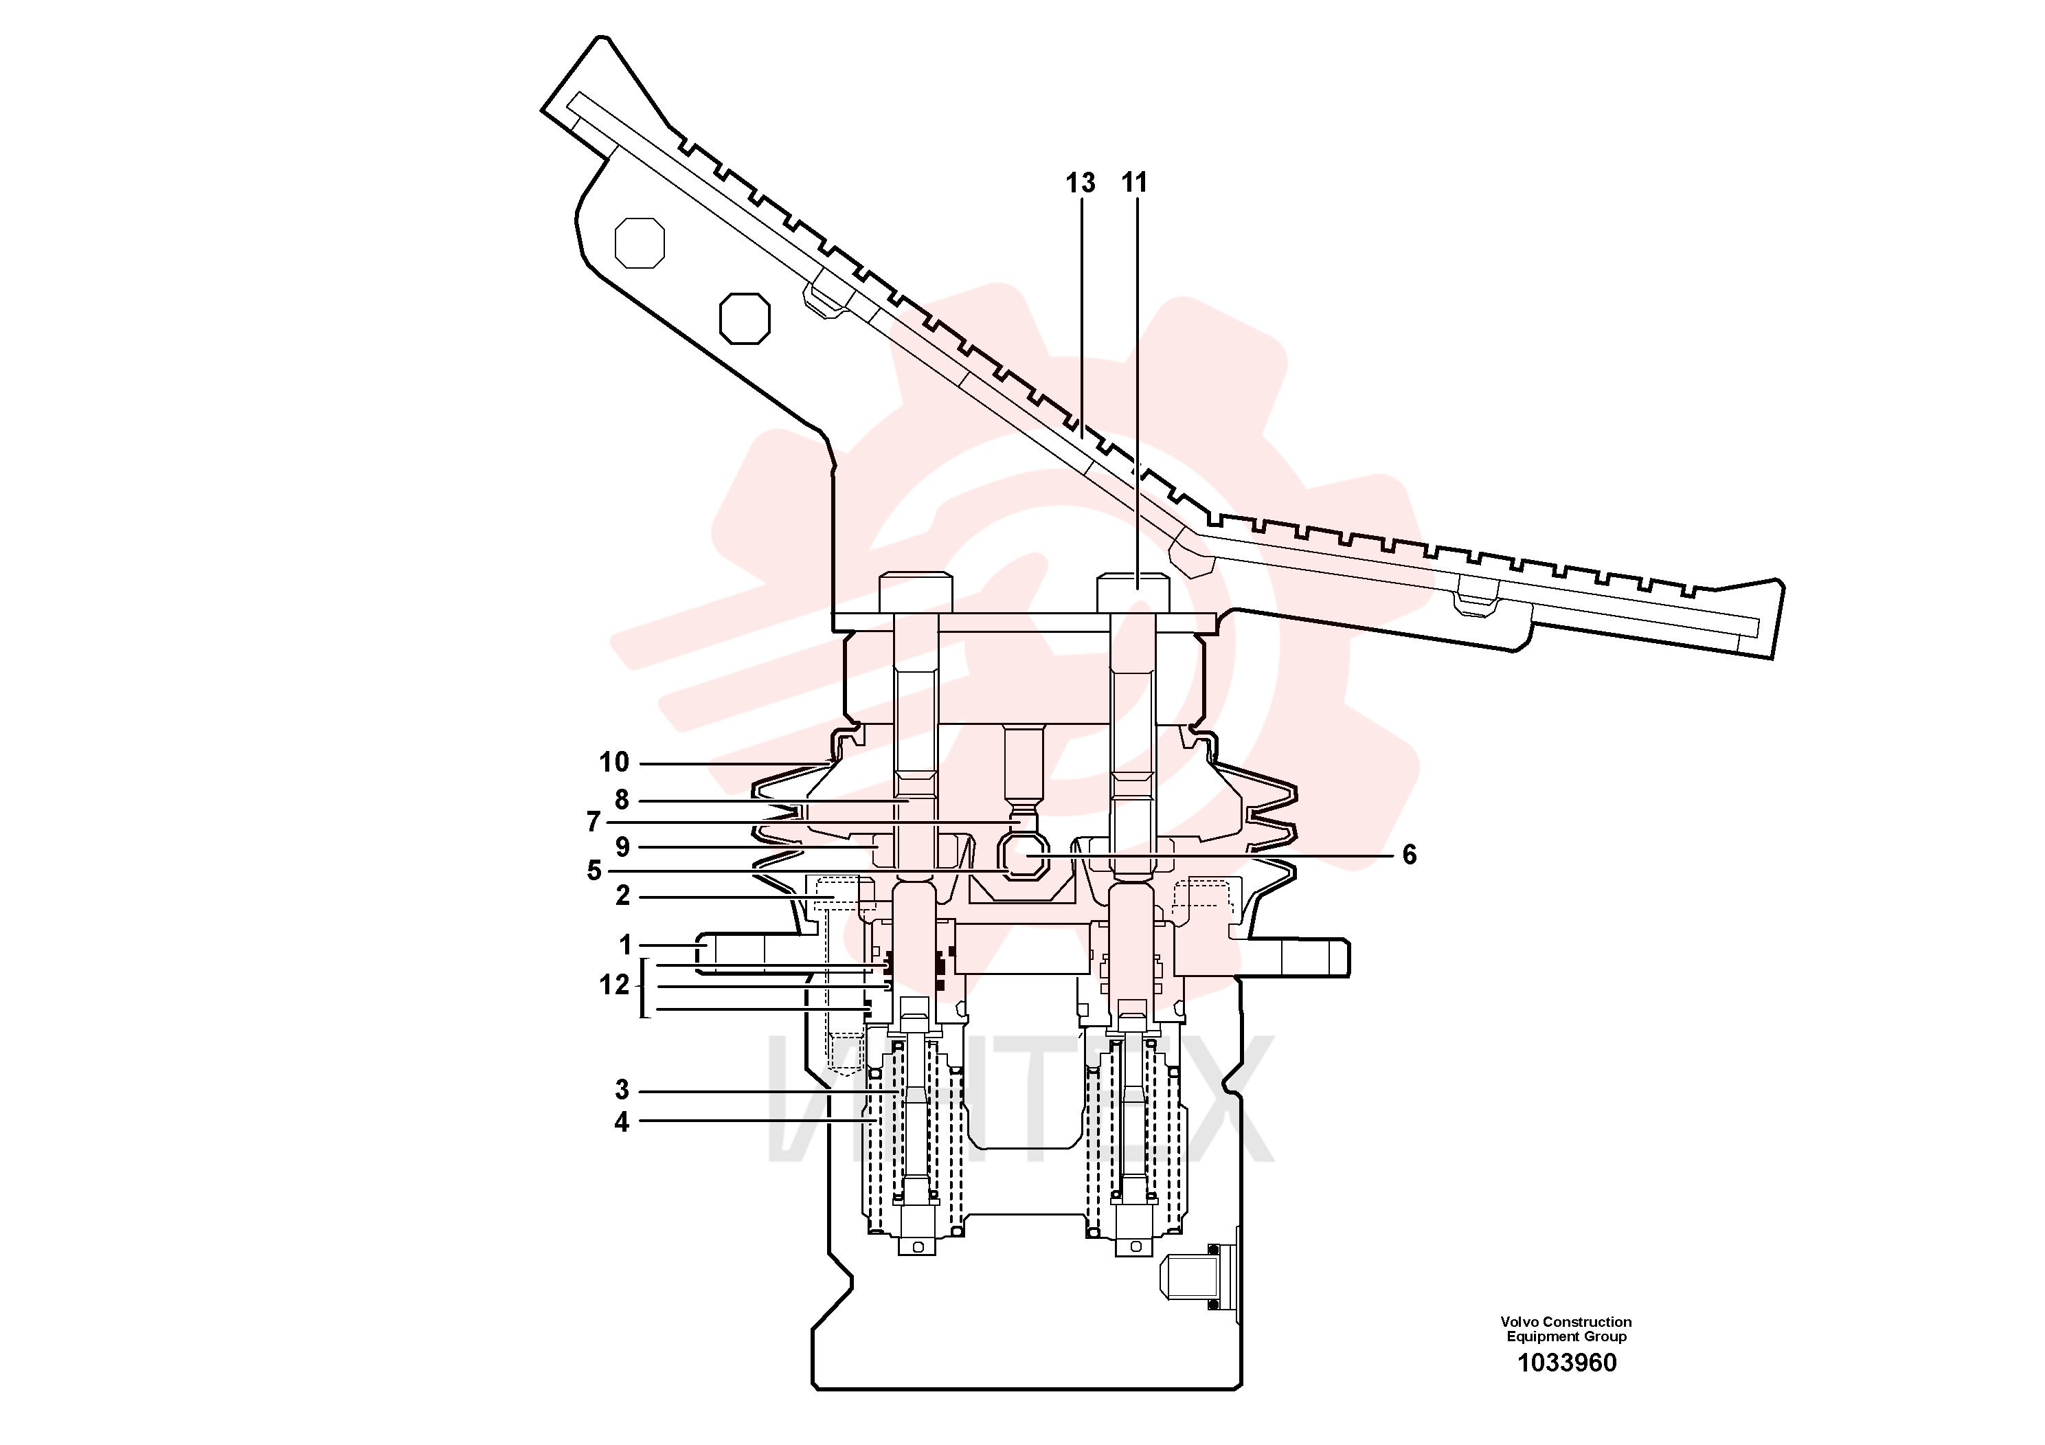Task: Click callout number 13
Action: (1081, 183)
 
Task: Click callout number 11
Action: (1134, 183)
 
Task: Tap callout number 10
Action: (613, 762)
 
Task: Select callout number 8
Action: (622, 800)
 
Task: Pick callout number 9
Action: (622, 847)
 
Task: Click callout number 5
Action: (594, 871)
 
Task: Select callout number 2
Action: (622, 895)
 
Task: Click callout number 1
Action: (625, 944)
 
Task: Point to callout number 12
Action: (613, 985)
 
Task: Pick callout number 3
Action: (622, 1090)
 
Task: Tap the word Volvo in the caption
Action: (1519, 1322)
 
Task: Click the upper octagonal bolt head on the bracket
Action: (640, 243)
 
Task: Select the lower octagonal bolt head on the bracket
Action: (745, 318)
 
